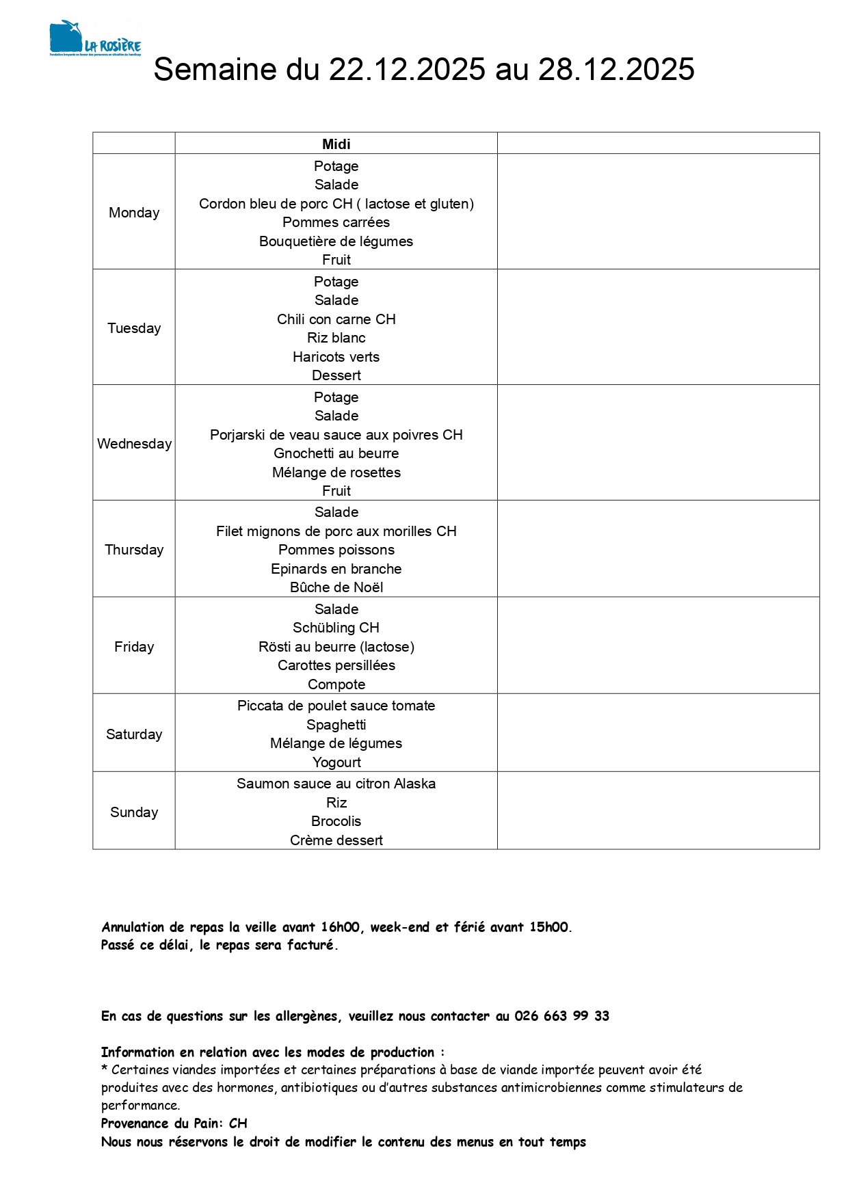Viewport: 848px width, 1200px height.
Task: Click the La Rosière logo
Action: coord(95,38)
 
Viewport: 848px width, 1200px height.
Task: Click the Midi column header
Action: coord(336,144)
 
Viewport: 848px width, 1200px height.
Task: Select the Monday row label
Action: coord(134,213)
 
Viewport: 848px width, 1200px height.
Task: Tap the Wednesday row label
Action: coord(134,444)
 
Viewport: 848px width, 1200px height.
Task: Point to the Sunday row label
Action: coord(134,812)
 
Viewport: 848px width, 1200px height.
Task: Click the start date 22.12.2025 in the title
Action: coord(407,69)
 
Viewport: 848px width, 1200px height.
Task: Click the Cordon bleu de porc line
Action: coord(336,204)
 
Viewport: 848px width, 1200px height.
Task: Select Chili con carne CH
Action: coord(336,319)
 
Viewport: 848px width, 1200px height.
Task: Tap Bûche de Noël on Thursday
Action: coord(336,587)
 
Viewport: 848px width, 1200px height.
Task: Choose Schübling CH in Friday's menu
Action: coord(336,628)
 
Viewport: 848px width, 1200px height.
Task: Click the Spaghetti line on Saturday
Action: coord(336,725)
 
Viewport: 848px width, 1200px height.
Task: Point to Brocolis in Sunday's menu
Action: coord(336,821)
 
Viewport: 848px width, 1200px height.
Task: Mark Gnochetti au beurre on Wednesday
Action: coord(336,453)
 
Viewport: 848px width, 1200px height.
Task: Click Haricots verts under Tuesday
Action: coord(336,357)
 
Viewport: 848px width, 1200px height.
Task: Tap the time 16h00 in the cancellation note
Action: coord(340,927)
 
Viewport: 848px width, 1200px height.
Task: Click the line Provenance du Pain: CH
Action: coord(174,1123)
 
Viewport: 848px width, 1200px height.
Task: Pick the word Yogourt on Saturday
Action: coord(336,762)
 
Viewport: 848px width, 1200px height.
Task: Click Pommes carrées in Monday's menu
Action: coord(336,222)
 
